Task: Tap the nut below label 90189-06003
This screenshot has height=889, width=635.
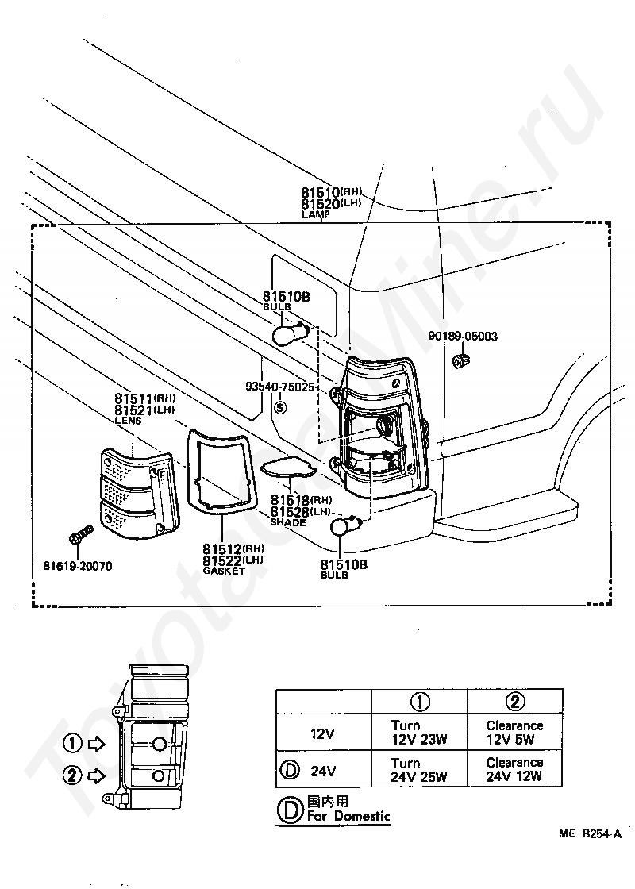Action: [x=458, y=362]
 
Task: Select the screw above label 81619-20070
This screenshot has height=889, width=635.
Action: [x=77, y=539]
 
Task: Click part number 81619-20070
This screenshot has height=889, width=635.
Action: [x=78, y=566]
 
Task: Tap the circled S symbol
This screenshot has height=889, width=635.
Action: [x=279, y=408]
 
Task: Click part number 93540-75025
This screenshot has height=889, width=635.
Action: [x=280, y=387]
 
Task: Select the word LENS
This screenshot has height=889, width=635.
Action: [x=128, y=420]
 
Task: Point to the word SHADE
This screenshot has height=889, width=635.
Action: [x=287, y=522]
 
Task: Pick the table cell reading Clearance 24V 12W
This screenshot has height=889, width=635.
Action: [x=514, y=770]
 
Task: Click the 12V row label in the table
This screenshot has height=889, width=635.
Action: [x=322, y=733]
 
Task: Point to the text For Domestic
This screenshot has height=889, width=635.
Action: [x=349, y=816]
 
